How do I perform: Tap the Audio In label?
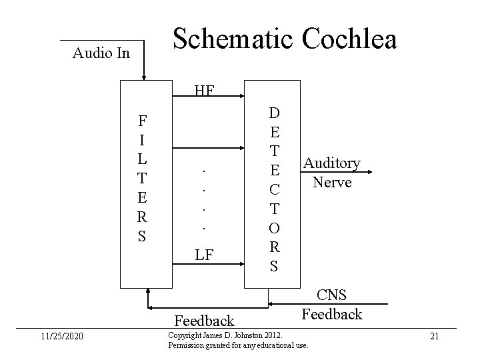(x=101, y=53)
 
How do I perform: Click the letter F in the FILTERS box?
(x=142, y=121)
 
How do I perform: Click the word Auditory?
(x=331, y=163)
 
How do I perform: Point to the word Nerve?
(x=332, y=181)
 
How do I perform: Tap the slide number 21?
(x=434, y=336)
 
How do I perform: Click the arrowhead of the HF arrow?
(x=240, y=97)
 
